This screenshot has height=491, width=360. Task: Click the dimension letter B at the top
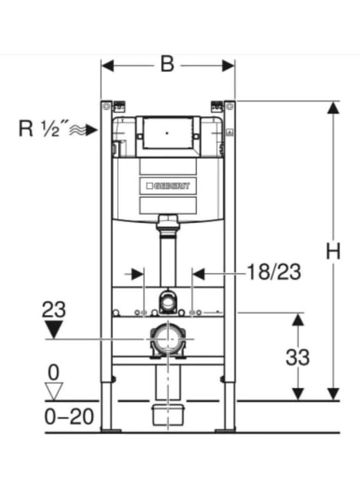167,64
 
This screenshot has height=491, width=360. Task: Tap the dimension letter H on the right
333,252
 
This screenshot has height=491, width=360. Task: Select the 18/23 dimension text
274,272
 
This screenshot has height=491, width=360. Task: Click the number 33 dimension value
297,357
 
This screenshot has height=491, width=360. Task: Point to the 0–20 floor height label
69,417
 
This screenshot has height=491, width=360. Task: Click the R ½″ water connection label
39,128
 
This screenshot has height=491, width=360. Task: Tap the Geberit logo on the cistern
168,185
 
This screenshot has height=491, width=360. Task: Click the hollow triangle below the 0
54,391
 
